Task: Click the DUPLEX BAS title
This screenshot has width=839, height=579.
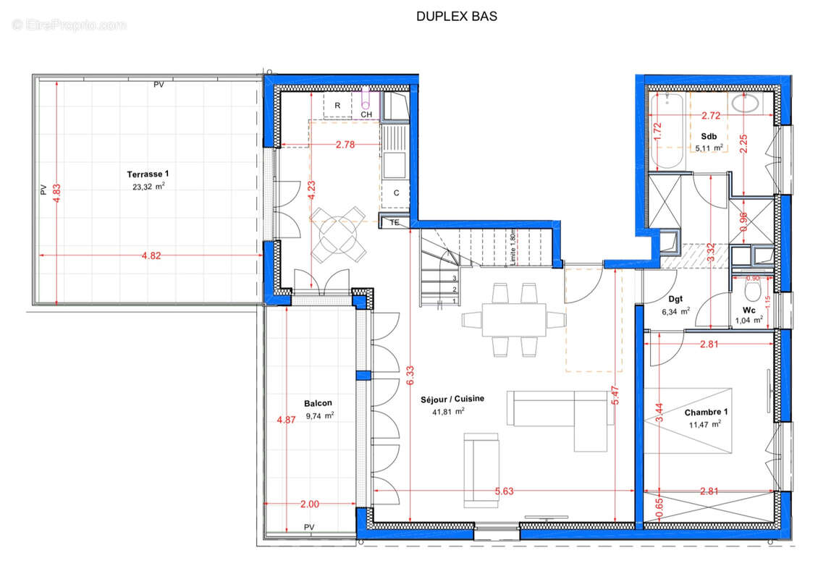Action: (457, 16)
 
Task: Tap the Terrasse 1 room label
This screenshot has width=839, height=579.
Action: (148, 174)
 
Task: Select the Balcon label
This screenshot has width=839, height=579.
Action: (318, 403)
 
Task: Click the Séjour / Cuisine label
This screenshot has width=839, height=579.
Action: (452, 399)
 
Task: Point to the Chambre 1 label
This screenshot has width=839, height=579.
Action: (706, 412)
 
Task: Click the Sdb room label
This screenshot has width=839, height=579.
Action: (709, 137)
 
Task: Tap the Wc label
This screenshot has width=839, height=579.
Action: (749, 310)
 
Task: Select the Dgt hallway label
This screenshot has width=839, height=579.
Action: (675, 299)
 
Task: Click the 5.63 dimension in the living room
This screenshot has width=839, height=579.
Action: (504, 491)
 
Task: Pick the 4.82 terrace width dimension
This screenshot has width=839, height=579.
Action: (151, 255)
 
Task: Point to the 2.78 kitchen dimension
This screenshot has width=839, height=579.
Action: (345, 145)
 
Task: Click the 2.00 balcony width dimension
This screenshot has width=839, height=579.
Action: (309, 504)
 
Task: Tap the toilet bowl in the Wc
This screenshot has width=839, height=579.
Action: (752, 292)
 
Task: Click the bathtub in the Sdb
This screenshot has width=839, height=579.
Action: (667, 132)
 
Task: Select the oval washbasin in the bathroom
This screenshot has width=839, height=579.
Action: (745, 103)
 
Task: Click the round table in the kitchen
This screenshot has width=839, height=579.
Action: (338, 234)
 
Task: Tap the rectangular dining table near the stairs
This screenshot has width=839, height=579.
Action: (514, 320)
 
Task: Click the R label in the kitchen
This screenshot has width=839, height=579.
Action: (337, 106)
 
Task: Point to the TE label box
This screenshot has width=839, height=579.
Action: (395, 222)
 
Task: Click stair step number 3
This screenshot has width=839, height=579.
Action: (455, 278)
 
